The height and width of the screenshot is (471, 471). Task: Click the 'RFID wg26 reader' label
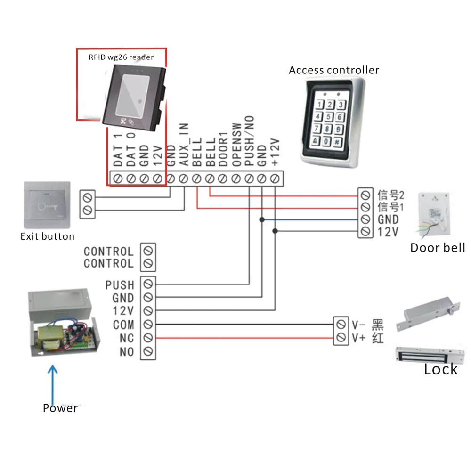(x=121, y=57)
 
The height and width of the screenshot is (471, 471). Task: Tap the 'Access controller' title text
(x=334, y=70)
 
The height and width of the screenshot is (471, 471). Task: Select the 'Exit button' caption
(x=48, y=236)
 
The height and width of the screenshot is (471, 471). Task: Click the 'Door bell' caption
(x=438, y=248)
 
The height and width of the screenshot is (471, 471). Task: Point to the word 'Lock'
(x=440, y=369)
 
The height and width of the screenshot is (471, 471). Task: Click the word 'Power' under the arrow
(x=60, y=408)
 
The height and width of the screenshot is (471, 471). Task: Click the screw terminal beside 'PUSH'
(x=148, y=284)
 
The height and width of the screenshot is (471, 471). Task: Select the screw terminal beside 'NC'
(x=148, y=338)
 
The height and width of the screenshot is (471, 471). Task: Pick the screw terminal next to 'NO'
(x=148, y=351)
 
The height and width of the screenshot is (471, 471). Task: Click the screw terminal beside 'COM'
(x=148, y=325)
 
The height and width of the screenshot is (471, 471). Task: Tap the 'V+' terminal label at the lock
(x=358, y=338)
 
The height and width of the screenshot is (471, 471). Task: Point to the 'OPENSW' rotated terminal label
(x=237, y=143)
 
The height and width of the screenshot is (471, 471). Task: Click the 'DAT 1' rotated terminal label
(x=118, y=151)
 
